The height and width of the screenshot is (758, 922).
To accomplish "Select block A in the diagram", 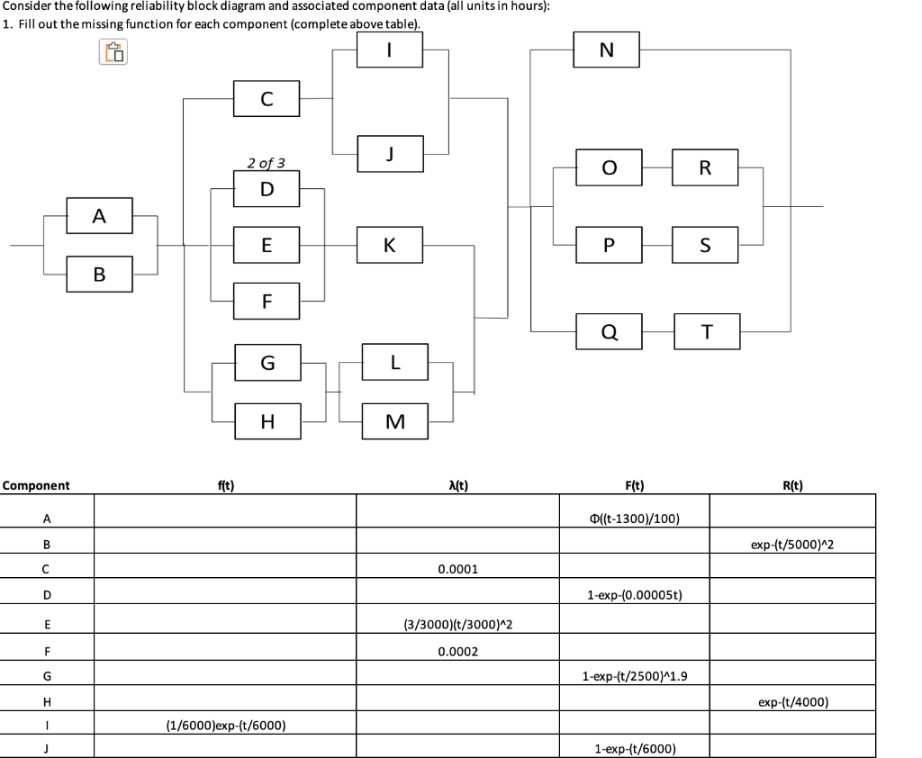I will coord(99,215).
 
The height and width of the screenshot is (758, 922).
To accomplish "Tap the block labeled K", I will coord(390,244).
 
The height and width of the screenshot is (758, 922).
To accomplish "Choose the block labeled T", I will coord(706,331).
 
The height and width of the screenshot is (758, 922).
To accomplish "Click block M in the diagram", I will coord(395,421).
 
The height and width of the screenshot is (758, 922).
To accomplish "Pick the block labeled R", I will coord(705,167).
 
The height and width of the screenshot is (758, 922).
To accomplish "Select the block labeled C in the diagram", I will coord(267,99).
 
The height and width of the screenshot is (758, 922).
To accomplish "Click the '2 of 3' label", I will coord(267,163).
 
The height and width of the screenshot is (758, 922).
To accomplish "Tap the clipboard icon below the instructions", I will coord(113,53).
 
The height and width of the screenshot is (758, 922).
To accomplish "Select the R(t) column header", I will coord(793,485).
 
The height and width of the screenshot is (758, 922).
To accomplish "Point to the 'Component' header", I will coord(36,485).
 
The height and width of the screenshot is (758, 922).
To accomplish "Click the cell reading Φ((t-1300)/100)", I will coord(634,519).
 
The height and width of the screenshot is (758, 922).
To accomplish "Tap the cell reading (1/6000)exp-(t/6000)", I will coord(226,726).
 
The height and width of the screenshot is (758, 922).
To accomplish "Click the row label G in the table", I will coord(46,675).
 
